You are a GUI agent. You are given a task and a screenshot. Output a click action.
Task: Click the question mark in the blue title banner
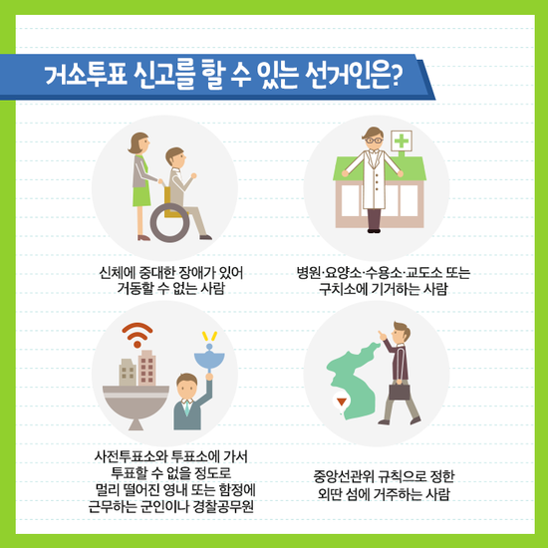[396, 76]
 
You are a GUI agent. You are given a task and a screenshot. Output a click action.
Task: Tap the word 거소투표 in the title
[86, 76]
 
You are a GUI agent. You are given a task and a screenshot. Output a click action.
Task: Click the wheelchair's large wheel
[169, 222]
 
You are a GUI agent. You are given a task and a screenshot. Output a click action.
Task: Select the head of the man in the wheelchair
[175, 157]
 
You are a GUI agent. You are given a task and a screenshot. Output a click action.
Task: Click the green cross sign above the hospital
[402, 140]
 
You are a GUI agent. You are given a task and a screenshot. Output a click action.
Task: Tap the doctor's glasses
[374, 140]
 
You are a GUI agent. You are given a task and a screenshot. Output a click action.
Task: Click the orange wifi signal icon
[137, 335]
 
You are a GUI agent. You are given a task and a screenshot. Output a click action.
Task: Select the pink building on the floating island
[146, 368]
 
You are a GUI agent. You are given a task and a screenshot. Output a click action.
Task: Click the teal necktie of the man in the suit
[187, 408]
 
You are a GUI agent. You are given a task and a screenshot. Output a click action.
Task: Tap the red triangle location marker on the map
[342, 402]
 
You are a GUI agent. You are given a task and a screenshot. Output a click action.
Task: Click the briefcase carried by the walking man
[400, 392]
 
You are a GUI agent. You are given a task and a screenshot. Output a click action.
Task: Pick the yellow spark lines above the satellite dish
[209, 336]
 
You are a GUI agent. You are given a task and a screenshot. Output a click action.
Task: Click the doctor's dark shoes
[374, 231]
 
